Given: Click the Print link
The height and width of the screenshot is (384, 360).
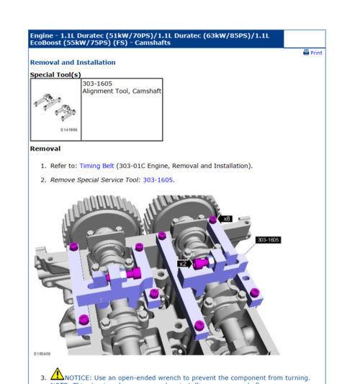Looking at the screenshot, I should pyautogui.click(x=316, y=53).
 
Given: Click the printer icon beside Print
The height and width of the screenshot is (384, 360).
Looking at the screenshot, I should pyautogui.click(x=306, y=53).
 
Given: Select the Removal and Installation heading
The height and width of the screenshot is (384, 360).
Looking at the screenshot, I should pyautogui.click(x=72, y=63).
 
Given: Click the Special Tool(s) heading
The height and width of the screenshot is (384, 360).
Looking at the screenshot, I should pyautogui.click(x=55, y=75).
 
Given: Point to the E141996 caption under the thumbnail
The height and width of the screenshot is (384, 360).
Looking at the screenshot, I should pyautogui.click(x=68, y=130).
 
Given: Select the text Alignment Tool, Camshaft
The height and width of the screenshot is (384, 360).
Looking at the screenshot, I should pyautogui.click(x=122, y=91).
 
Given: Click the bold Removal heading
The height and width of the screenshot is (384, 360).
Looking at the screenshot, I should pyautogui.click(x=45, y=149).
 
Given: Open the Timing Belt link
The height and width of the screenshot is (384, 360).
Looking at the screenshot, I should pyautogui.click(x=96, y=166).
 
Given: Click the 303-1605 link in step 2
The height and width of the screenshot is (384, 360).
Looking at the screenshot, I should pyautogui.click(x=158, y=180).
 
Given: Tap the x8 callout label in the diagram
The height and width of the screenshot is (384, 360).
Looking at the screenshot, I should pyautogui.click(x=227, y=218).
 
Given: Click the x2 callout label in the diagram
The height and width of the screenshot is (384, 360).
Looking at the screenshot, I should pyautogui.click(x=183, y=264).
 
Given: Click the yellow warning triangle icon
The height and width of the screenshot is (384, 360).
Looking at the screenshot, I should pyautogui.click(x=57, y=375).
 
